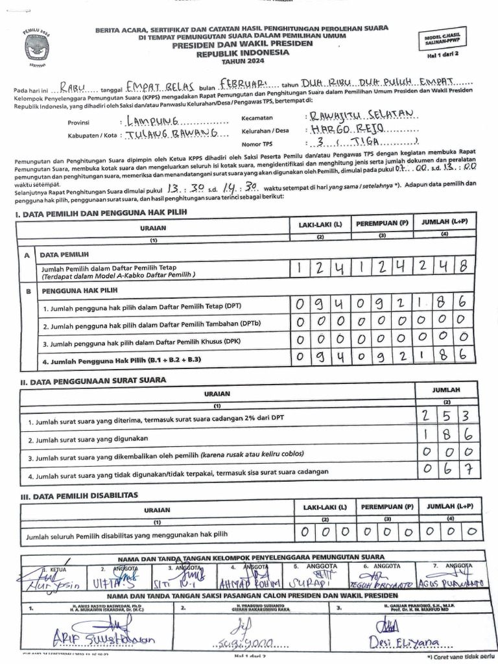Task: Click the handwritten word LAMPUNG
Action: coord(155,121)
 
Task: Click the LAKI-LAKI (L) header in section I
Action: coord(320,224)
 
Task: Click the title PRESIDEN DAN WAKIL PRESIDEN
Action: coord(242,45)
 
